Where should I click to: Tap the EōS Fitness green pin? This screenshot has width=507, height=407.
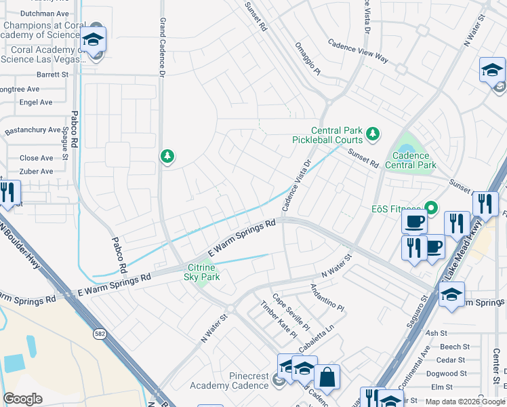[428, 208]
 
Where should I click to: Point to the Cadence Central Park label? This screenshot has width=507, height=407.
[410, 160]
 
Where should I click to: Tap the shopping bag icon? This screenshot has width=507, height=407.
[327, 378]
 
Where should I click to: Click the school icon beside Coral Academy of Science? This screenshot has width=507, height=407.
[94, 40]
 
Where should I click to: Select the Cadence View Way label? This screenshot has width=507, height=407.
[358, 51]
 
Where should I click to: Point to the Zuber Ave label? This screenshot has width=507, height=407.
[37, 172]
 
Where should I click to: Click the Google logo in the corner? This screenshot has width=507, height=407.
[23, 399]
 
